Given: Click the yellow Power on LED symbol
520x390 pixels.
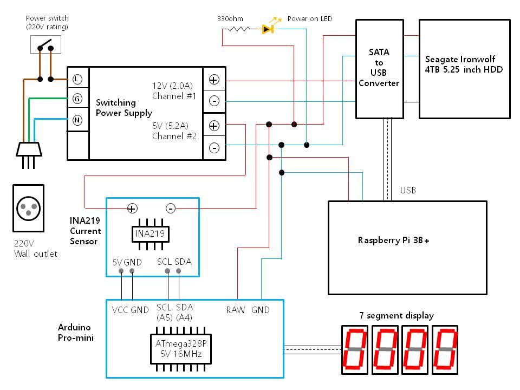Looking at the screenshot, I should tap(267, 29).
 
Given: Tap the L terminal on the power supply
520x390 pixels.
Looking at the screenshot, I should tap(77, 79).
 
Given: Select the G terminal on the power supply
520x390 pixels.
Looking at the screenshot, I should tap(77, 99).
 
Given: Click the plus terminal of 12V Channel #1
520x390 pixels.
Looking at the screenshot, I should tap(214, 80).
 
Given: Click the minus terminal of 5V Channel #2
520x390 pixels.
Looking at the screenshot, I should tap(214, 147).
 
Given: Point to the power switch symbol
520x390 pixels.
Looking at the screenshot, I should tap(45, 44).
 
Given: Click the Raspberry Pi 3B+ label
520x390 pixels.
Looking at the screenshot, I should tap(393, 240).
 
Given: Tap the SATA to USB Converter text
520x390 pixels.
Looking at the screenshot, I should tap(379, 68).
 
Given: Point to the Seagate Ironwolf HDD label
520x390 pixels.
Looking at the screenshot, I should tap(464, 64).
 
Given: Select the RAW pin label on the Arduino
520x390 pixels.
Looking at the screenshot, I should tap(236, 310).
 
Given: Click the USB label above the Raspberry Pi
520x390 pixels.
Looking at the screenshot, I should tap(408, 190).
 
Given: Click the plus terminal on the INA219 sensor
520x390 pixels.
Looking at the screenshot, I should tap(132, 208).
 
